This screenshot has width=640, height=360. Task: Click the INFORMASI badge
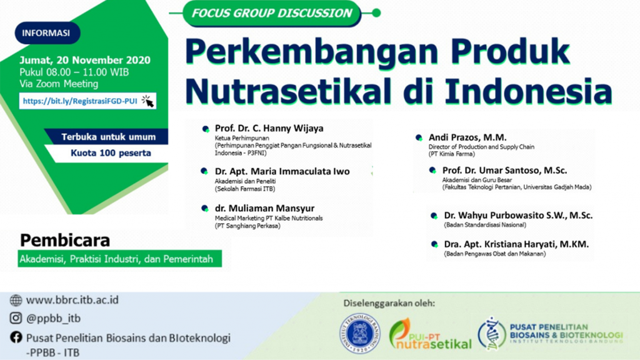(x=46, y=33)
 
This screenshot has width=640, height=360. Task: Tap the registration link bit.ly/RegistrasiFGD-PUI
(x=79, y=100)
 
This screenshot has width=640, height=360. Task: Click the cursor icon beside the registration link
(x=147, y=101)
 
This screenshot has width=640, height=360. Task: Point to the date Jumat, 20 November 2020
(x=84, y=61)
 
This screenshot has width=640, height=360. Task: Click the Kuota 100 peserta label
(x=111, y=152)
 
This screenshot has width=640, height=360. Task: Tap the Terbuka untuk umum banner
(x=107, y=137)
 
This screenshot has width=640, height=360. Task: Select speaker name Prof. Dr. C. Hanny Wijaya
(x=269, y=128)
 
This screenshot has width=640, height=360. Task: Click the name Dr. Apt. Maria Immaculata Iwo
(x=282, y=171)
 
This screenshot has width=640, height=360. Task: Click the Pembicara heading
(x=65, y=240)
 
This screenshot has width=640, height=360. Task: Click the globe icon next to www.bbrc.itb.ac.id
(x=16, y=300)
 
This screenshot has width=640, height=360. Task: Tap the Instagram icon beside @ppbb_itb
(x=16, y=319)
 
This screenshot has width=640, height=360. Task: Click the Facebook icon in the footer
(x=16, y=337)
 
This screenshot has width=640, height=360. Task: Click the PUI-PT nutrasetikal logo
(x=430, y=334)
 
